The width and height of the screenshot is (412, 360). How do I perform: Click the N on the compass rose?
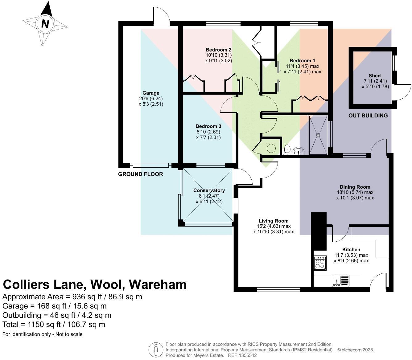pyautogui.click(x=45, y=24)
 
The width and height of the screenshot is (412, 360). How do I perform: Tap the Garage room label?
pyautogui.click(x=151, y=93)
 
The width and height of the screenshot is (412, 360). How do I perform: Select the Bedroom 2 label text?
pyautogui.click(x=218, y=50)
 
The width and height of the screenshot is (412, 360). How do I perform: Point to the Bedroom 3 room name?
pyautogui.click(x=208, y=126)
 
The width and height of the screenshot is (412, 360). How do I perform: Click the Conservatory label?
pyautogui.click(x=209, y=190)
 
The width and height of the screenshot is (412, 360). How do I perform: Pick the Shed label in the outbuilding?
pyautogui.click(x=374, y=76)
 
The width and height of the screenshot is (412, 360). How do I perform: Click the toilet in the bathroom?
pyautogui.click(x=287, y=149)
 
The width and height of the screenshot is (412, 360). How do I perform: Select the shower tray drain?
pyautogui.click(x=318, y=135)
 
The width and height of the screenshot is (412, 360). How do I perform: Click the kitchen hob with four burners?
pyautogui.click(x=320, y=263)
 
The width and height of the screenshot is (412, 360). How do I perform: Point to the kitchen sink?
pyautogui.click(x=340, y=280)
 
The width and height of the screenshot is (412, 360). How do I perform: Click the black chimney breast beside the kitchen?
pyautogui.click(x=319, y=231)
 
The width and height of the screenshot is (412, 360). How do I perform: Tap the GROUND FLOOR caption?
pyautogui.click(x=140, y=174)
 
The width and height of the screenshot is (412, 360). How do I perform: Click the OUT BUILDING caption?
pyautogui.click(x=368, y=116)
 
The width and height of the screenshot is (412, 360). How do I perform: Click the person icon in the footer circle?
pyautogui.click(x=156, y=350)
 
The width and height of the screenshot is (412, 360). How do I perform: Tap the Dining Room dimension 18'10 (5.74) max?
pyautogui.click(x=355, y=192)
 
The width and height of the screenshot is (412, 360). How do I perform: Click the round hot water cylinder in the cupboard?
pyautogui.click(x=271, y=148)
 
